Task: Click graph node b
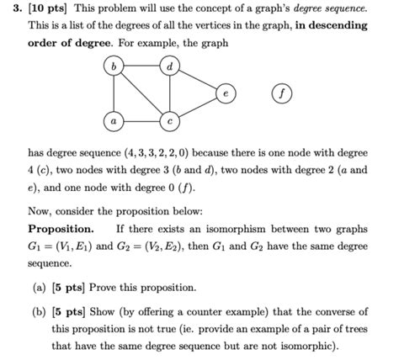pyautogui.click(x=111, y=65)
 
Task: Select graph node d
pyautogui.click(x=171, y=65)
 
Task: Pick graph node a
pyautogui.click(x=111, y=121)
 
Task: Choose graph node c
pyautogui.click(x=171, y=121)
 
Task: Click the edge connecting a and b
pyautogui.click(x=111, y=93)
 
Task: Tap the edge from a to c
pyautogui.click(x=141, y=121)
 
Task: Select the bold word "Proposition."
pyautogui.click(x=61, y=229)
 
